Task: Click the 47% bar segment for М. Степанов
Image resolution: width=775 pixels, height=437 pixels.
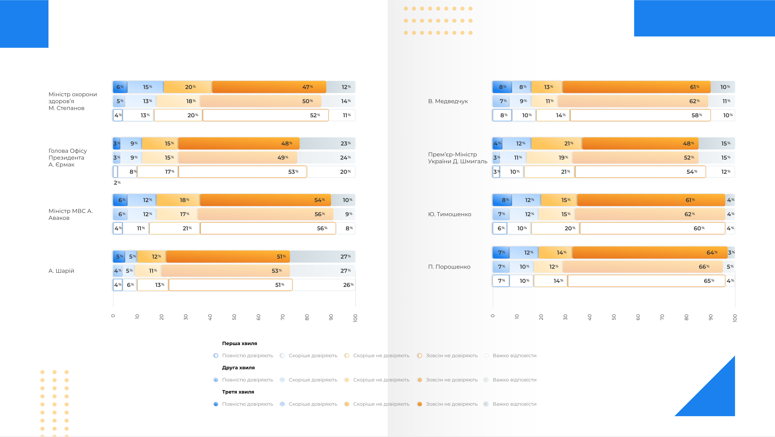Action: point(269,87)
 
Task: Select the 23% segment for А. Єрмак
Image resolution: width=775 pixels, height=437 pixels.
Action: point(327,144)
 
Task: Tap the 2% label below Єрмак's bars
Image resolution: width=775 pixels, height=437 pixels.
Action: point(117,183)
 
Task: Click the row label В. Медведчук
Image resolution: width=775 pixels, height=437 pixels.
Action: point(448,101)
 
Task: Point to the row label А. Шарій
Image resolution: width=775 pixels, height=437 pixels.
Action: point(61,271)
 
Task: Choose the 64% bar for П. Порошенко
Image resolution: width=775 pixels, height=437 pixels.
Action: point(650,253)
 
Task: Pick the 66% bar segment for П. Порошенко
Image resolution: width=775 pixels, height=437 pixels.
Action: point(642,267)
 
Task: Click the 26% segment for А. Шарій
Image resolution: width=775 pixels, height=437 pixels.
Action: point(324,285)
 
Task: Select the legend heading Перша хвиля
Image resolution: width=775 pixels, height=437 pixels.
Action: point(239,343)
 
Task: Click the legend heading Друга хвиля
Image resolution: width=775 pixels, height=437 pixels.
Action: point(238,368)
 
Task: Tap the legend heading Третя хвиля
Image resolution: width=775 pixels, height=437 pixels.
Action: point(238,392)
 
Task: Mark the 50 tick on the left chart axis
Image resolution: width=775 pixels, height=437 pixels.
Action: point(234,317)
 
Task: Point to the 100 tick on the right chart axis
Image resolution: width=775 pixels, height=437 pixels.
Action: point(735,318)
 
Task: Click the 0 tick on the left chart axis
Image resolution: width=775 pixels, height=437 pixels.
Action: point(113,316)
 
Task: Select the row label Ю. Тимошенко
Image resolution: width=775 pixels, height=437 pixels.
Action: point(450,214)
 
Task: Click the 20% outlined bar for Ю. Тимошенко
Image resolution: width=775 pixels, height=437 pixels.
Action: point(555,228)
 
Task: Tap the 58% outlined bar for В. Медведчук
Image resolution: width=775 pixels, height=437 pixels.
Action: point(640,115)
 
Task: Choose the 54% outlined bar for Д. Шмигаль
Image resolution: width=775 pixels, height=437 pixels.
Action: point(640,172)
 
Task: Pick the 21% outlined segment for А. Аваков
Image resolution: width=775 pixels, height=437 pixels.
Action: point(175,228)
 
